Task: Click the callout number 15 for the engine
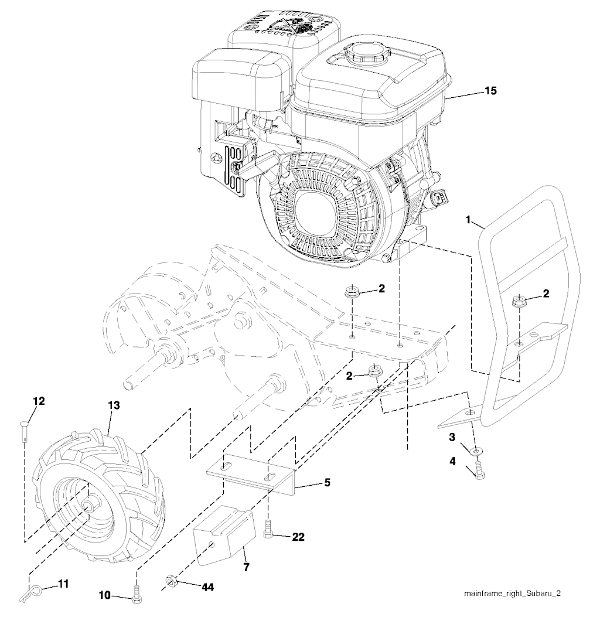(x=490, y=91)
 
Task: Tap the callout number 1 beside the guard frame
(x=469, y=219)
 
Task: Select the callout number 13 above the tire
(x=113, y=405)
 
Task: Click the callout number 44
(x=191, y=586)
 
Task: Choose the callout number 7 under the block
(x=246, y=568)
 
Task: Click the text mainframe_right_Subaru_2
(x=512, y=593)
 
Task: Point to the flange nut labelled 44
(x=172, y=581)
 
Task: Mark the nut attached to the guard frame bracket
(x=519, y=302)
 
